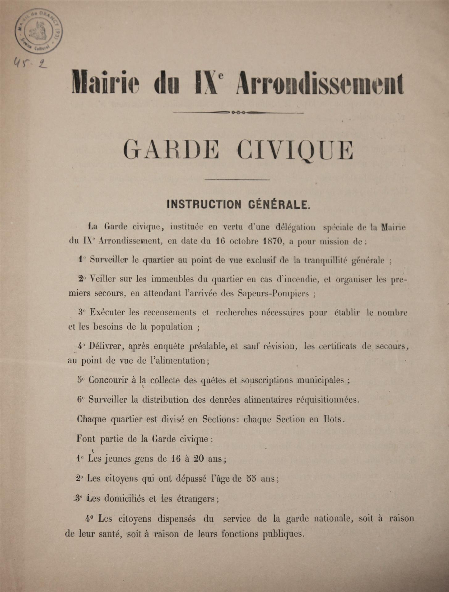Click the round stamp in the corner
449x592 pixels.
tap(38, 31)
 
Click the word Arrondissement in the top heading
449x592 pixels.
tap(319, 83)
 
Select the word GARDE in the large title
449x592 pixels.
tap(171, 150)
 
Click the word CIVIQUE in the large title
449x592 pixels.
tap(295, 150)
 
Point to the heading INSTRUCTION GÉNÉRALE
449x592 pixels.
tap(238, 204)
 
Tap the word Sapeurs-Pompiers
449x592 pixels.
tap(273, 293)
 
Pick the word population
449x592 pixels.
tap(172, 327)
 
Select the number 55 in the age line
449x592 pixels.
tap(252, 479)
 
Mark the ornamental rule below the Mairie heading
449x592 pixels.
tap(238, 112)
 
